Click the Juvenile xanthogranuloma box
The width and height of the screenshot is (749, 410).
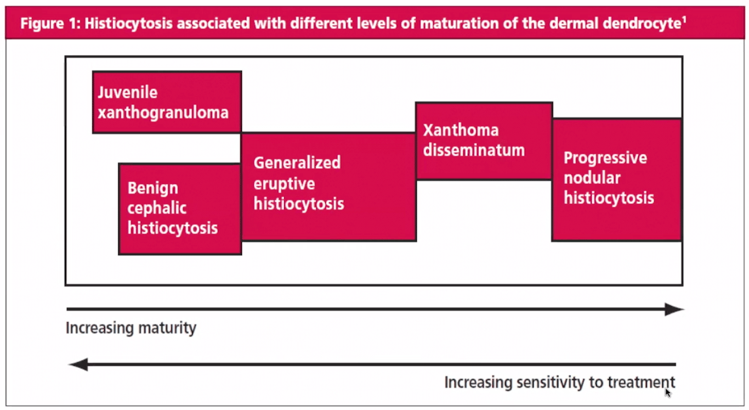point(167,102)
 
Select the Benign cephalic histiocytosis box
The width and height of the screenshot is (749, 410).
point(180,209)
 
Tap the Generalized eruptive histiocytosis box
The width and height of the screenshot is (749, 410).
point(328,187)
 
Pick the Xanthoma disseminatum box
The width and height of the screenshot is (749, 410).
point(484,141)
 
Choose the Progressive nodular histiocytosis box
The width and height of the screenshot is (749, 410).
point(616,179)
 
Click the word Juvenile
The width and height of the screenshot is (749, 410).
point(128,92)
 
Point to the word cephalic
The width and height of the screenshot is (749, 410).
point(157,208)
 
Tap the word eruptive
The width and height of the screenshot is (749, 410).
point(284,183)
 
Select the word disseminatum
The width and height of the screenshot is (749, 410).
point(474,150)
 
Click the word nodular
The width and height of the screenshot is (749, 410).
point(592,178)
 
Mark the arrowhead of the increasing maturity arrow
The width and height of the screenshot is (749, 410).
point(674,310)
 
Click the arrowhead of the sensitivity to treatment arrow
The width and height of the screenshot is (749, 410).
point(78,364)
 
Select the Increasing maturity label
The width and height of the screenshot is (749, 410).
point(131,328)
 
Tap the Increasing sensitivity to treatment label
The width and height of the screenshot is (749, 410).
point(559,382)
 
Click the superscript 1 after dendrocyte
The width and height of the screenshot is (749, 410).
point(684,21)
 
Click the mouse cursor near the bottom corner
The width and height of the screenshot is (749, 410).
point(668,392)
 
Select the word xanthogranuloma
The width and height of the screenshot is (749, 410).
point(163,113)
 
